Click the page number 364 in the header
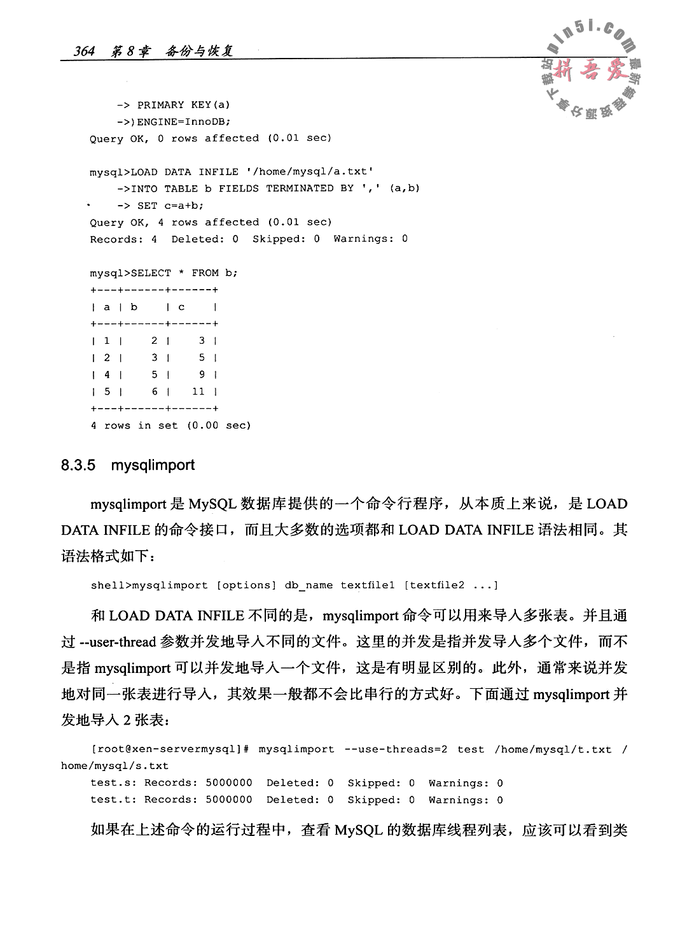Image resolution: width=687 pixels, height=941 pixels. point(84,51)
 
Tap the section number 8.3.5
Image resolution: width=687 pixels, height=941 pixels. point(78,465)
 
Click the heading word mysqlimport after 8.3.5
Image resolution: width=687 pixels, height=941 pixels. point(153,465)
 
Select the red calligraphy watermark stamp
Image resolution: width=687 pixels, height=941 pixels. point(589,71)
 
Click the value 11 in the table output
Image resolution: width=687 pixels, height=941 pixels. point(198,392)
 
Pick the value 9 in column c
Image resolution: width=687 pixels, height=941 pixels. point(202,374)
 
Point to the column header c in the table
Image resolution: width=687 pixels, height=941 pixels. point(181,307)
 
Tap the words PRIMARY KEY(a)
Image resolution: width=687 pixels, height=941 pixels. point(184,104)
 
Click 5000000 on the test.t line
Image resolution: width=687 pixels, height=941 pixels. point(229,800)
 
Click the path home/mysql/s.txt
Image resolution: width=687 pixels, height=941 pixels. point(114,766)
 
